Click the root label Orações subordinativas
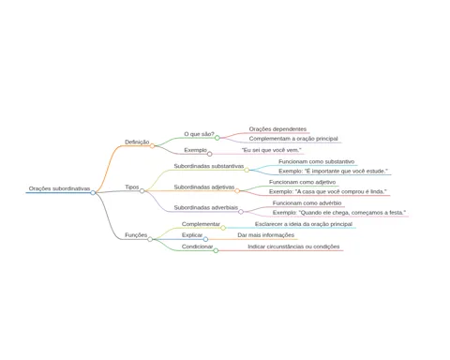(x=59, y=188)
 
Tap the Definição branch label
(x=137, y=142)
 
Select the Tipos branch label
(x=132, y=187)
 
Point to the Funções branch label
(x=136, y=235)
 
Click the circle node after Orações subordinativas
(x=93, y=193)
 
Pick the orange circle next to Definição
(x=152, y=146)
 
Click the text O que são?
(x=199, y=134)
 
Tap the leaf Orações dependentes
(x=277, y=129)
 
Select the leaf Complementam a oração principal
(x=293, y=139)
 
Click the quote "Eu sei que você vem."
(x=272, y=150)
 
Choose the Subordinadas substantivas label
(x=209, y=166)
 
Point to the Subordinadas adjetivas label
(x=204, y=187)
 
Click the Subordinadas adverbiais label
(x=206, y=208)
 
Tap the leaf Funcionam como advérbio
(x=307, y=203)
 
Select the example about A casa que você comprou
(x=328, y=191)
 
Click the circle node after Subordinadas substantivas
(x=247, y=170)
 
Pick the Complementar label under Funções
(x=201, y=224)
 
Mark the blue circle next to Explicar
(x=205, y=239)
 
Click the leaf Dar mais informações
(x=265, y=235)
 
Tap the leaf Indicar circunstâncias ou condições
(x=293, y=247)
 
